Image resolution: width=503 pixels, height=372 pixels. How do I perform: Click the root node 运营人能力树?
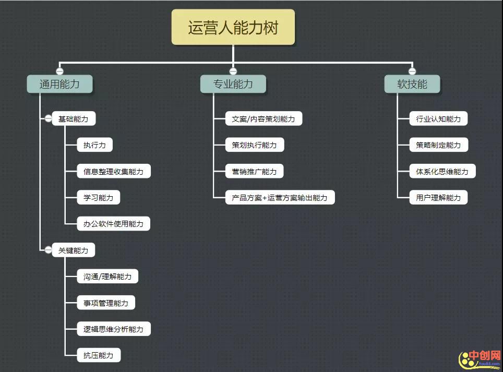coord(233,27)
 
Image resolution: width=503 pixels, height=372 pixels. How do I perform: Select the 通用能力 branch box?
coord(59,84)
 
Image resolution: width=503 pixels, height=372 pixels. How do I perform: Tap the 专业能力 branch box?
coord(233,84)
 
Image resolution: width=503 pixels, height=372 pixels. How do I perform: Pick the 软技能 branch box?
coord(412,84)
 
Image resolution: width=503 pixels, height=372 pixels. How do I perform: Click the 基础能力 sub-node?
coord(74,119)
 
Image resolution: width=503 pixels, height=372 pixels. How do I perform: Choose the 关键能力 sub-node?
coord(74,250)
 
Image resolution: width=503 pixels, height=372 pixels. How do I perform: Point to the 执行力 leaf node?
coord(94,145)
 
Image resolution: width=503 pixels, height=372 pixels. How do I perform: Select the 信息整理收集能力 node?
coord(113,172)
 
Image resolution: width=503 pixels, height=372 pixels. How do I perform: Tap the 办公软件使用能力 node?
coord(113,224)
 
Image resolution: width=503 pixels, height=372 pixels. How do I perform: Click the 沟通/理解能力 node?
coord(107,277)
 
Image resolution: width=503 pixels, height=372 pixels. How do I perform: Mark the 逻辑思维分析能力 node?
coord(113,329)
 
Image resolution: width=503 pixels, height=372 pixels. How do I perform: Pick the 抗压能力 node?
coord(99,355)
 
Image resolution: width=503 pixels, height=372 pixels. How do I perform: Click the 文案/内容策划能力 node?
coord(264,119)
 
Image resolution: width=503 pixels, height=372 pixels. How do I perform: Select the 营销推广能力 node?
coord(255,172)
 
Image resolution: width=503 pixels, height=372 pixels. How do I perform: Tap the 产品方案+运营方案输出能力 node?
coord(280,198)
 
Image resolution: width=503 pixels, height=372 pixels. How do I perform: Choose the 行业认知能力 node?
coord(438,119)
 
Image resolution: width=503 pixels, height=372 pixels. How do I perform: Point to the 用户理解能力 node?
coord(438,198)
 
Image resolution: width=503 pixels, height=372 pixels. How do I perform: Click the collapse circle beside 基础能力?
coord(48,119)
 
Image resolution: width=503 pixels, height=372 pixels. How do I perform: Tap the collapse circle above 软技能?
coord(412,71)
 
